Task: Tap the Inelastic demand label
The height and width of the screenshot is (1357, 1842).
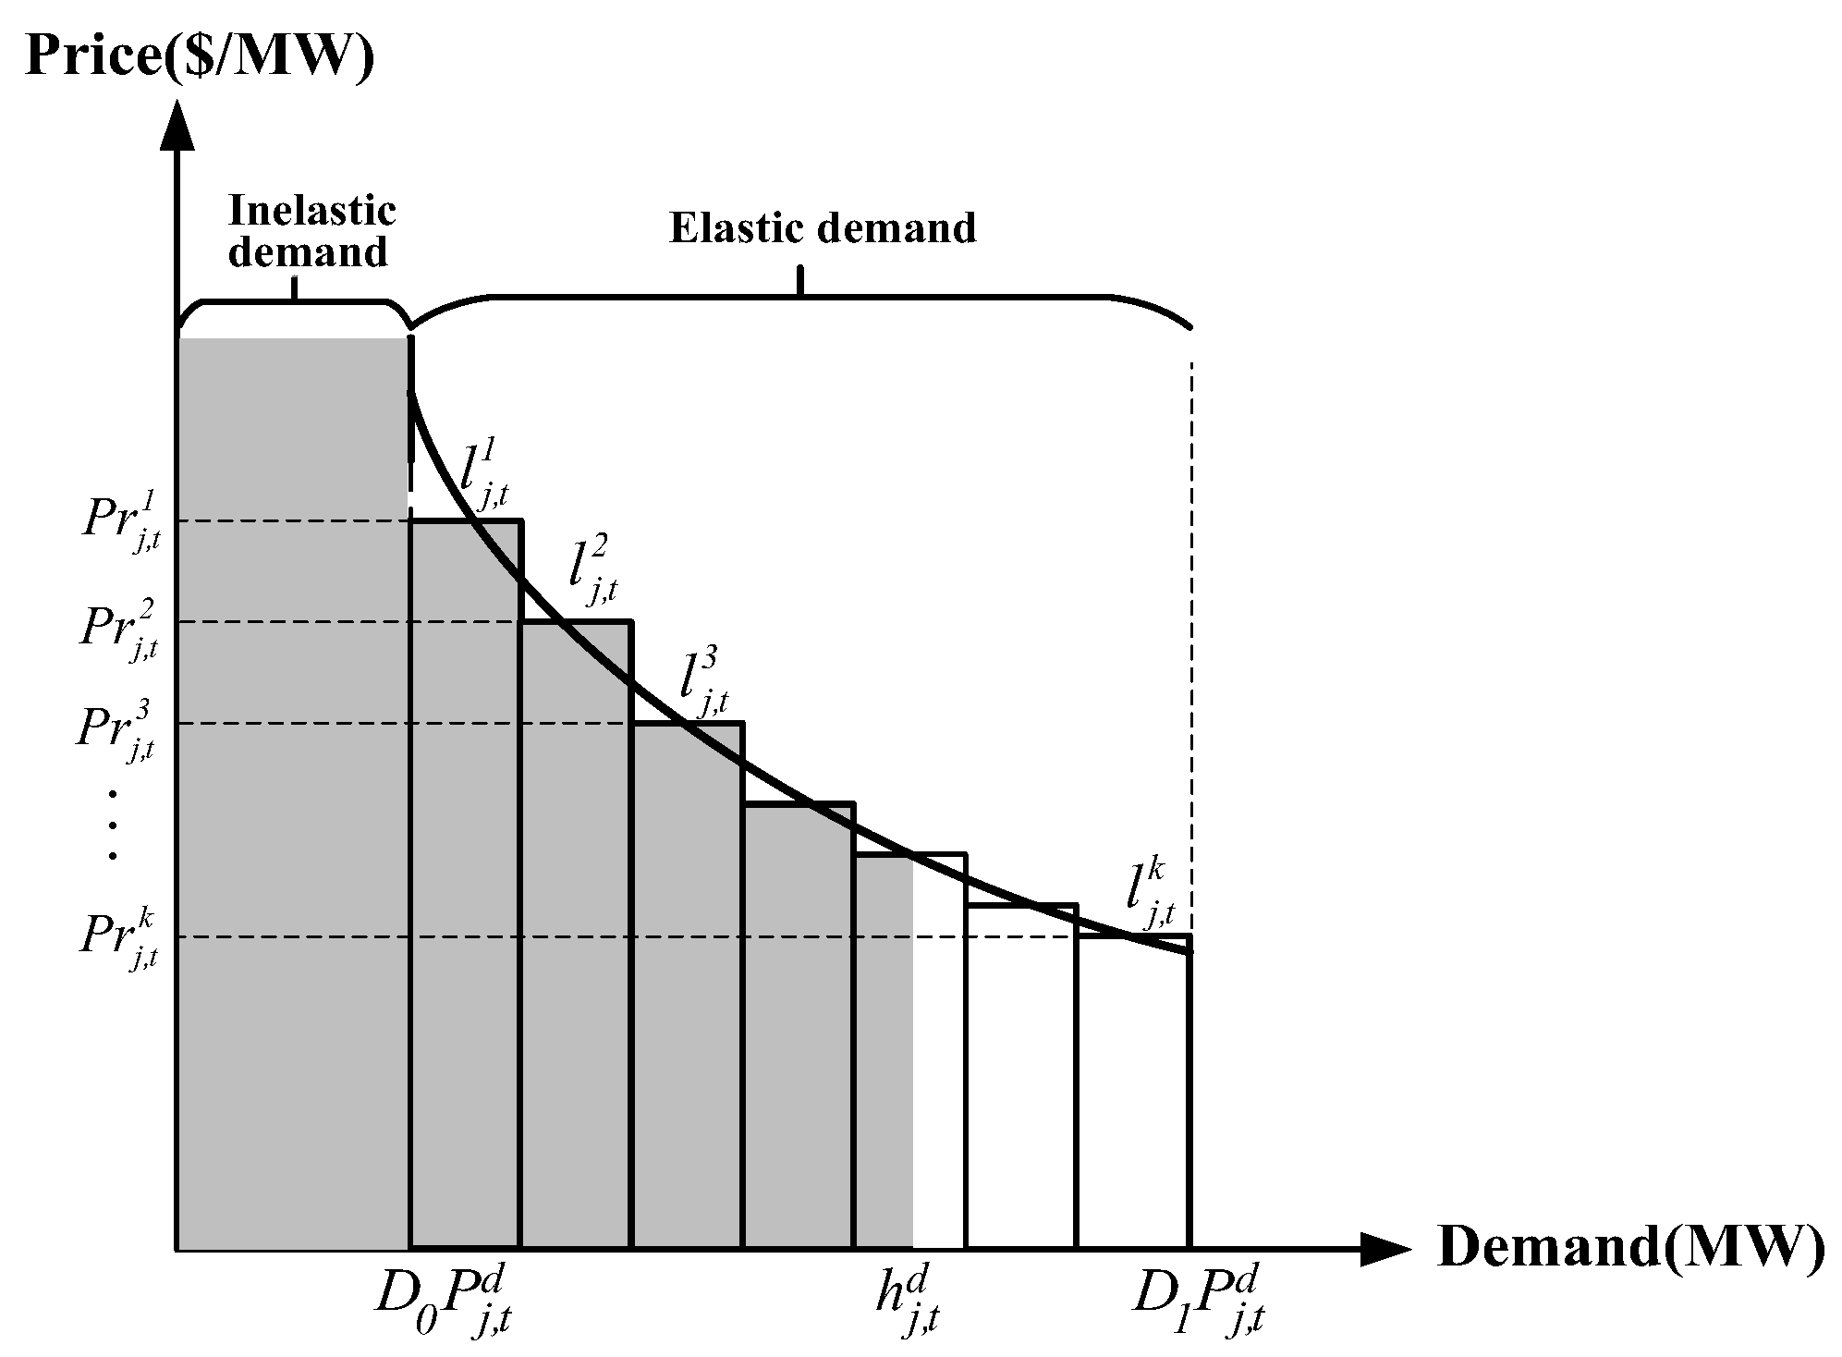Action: point(310,231)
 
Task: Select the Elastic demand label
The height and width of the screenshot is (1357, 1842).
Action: point(822,228)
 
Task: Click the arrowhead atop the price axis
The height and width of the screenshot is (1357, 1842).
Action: point(176,125)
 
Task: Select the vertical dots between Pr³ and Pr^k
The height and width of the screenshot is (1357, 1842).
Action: point(113,825)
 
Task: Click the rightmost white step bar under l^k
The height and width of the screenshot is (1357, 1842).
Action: point(1132,1091)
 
